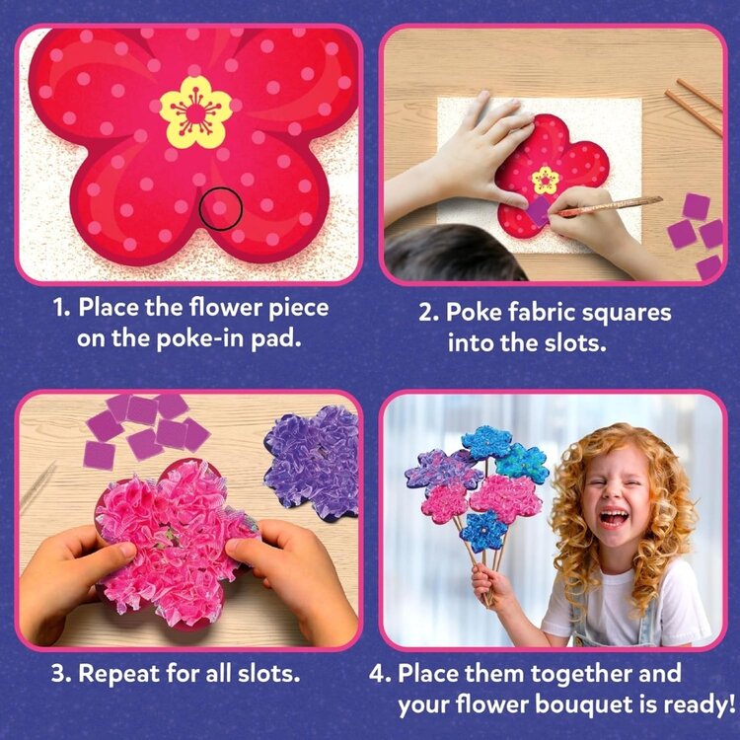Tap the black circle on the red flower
221,209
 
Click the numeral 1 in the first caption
60,307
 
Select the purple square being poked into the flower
539,210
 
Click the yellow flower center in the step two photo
545,180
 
